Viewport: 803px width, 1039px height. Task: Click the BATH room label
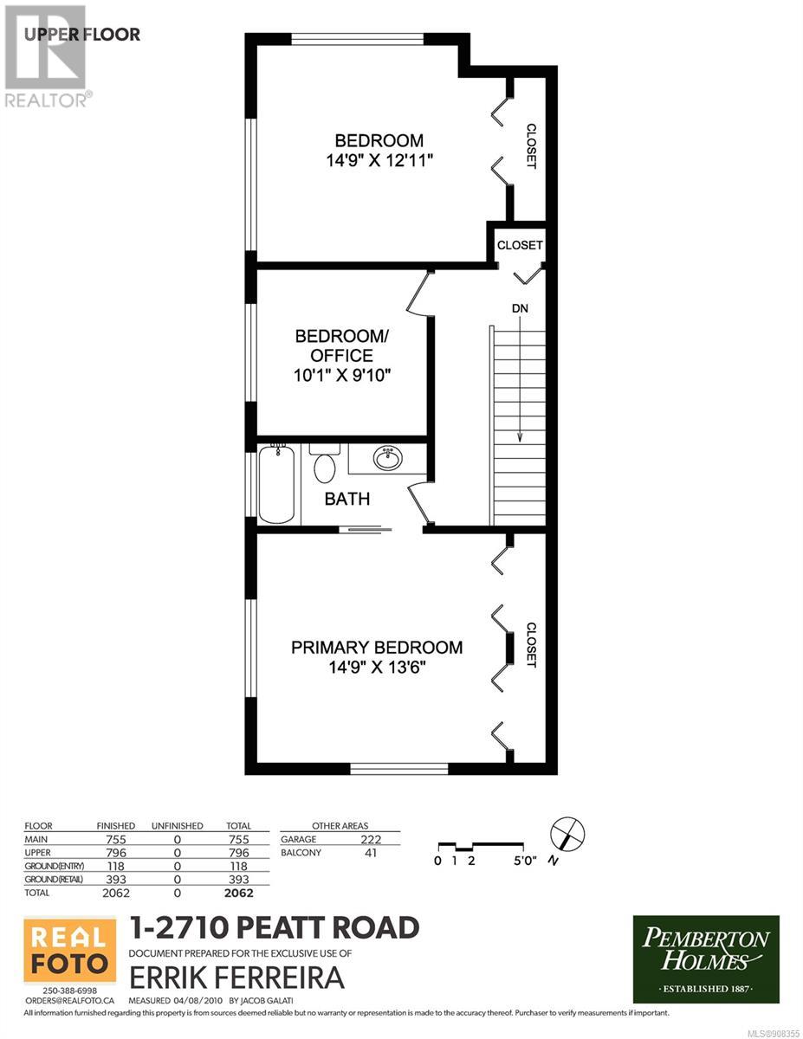click(x=347, y=499)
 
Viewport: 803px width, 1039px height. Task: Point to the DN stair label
click(x=521, y=308)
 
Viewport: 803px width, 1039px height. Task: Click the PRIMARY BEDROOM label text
click(x=377, y=648)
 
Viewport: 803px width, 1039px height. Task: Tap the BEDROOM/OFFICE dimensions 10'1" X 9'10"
click(x=342, y=376)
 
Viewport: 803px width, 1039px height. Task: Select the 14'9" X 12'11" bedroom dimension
click(x=379, y=160)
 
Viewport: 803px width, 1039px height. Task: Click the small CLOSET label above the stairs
click(x=520, y=245)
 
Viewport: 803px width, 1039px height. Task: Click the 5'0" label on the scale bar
click(x=525, y=861)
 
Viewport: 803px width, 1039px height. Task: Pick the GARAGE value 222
click(x=371, y=839)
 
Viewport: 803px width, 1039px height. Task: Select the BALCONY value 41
click(x=371, y=853)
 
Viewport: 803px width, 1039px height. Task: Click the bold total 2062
click(x=239, y=893)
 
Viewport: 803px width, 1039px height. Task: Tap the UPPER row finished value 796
click(x=116, y=853)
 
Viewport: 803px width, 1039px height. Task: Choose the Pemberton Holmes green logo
click(x=706, y=959)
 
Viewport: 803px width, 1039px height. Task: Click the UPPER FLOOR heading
click(x=81, y=35)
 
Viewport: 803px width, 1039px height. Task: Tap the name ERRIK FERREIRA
click(x=236, y=978)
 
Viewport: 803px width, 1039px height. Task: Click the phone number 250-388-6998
click(x=70, y=991)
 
